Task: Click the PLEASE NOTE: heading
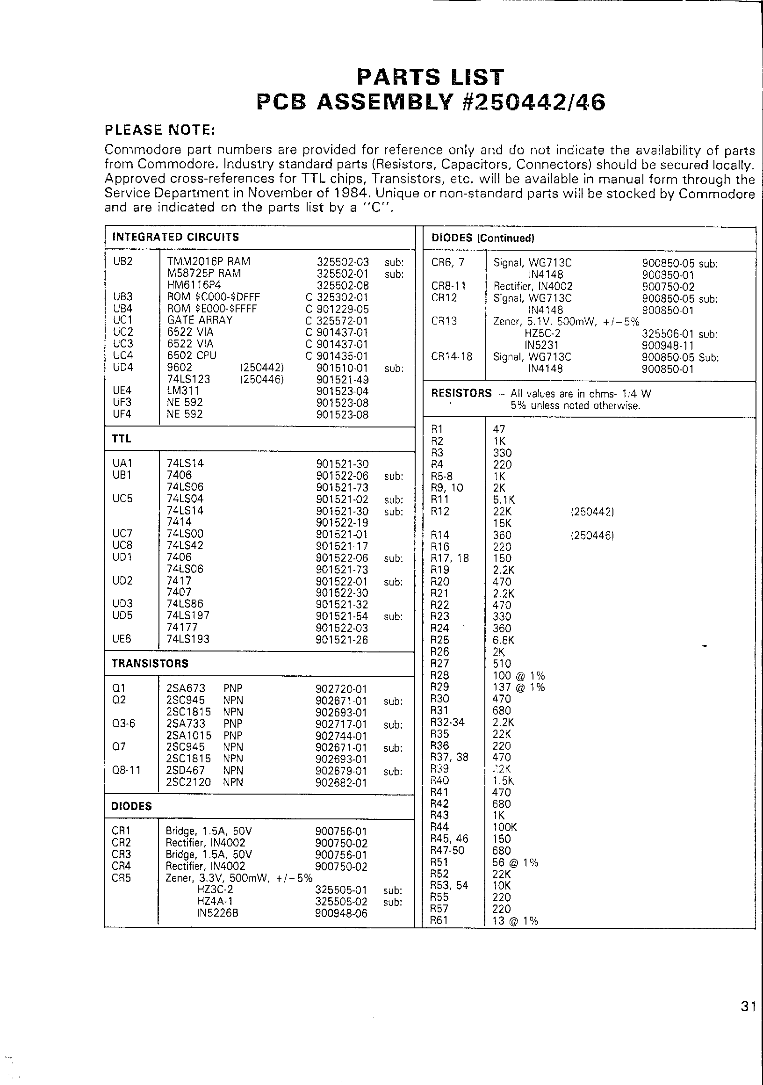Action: pos(160,130)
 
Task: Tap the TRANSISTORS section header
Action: pos(150,664)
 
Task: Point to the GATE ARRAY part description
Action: pos(200,320)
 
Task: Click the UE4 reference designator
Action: pos(122,391)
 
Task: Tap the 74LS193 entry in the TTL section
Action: pos(187,639)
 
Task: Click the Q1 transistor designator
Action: pos(119,688)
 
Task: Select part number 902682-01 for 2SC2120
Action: pos(341,782)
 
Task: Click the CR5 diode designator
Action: pos(121,878)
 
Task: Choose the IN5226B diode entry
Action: pos(217,913)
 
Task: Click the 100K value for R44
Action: pos(505,827)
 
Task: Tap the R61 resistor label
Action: pos(439,920)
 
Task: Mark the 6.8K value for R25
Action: pos(504,640)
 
